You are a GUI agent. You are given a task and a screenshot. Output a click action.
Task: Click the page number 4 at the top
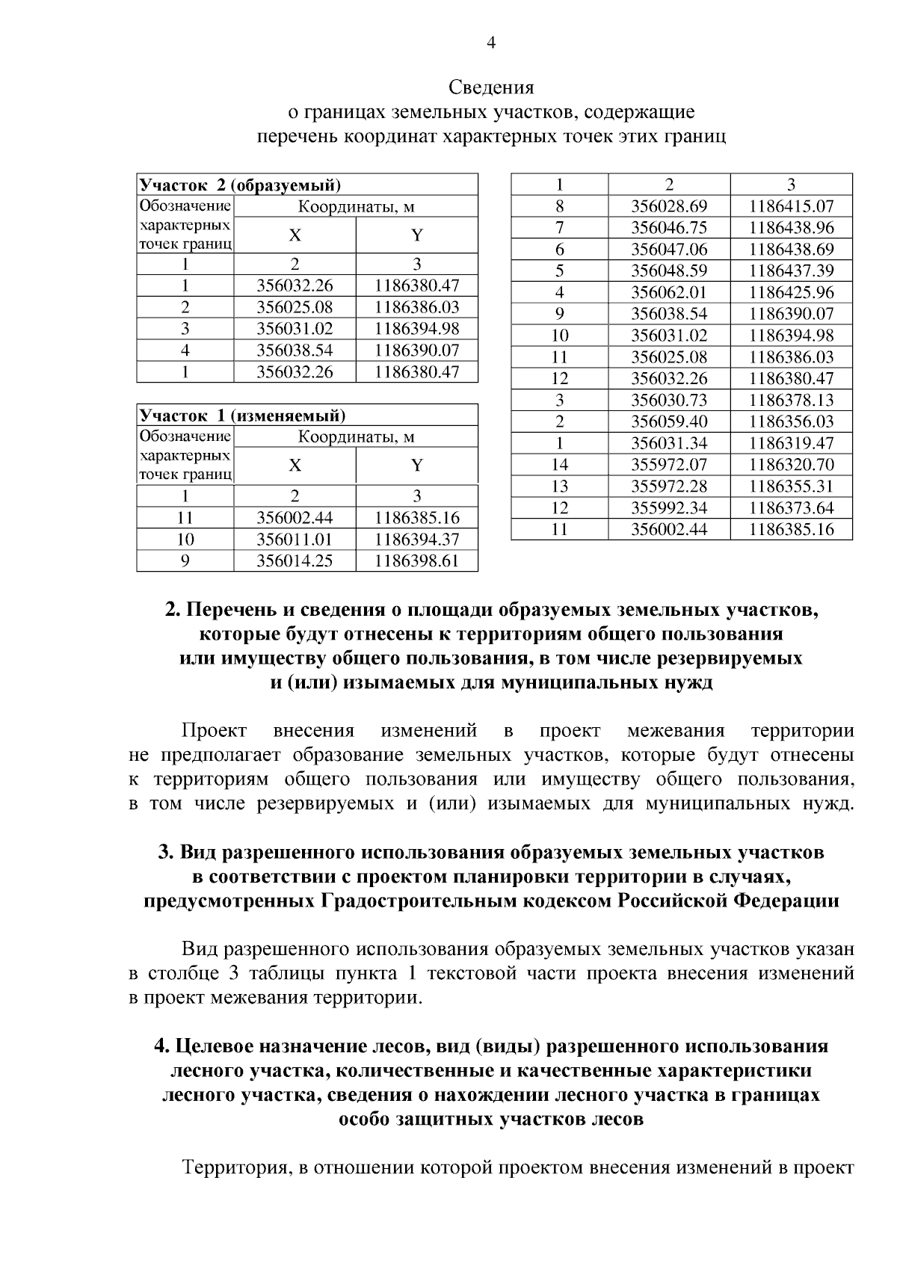(x=491, y=42)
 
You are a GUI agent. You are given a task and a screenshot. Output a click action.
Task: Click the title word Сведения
(x=491, y=87)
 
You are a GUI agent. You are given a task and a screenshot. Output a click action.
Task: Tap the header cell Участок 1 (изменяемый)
(x=243, y=416)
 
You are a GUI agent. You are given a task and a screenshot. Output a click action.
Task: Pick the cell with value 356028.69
(x=669, y=206)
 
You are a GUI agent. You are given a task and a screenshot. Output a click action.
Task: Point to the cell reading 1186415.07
(x=791, y=206)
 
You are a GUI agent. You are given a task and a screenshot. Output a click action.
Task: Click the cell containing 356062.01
(x=669, y=292)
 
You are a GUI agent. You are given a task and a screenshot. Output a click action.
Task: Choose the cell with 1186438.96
(x=791, y=228)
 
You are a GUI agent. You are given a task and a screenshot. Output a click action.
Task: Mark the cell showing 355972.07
(x=669, y=465)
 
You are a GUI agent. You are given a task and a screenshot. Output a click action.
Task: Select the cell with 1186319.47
(x=791, y=443)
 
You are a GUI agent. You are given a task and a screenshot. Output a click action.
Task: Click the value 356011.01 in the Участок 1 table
(x=295, y=540)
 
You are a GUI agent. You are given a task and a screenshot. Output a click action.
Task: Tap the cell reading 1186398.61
(x=416, y=561)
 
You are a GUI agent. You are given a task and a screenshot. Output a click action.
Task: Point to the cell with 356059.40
(x=669, y=422)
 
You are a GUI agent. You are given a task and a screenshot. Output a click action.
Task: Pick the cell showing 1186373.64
(x=791, y=508)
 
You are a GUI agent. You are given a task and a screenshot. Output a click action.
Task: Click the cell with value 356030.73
(x=669, y=400)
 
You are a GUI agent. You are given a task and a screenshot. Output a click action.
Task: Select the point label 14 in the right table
(x=559, y=465)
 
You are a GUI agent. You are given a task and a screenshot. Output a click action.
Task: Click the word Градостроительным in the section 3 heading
(x=407, y=901)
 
